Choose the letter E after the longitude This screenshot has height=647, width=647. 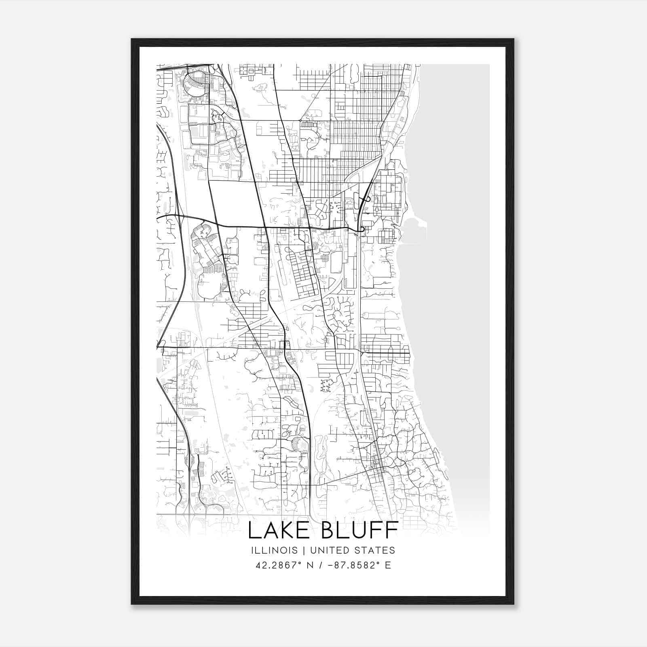(388, 565)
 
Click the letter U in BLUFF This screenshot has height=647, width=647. (361, 530)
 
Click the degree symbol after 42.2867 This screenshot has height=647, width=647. (301, 562)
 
